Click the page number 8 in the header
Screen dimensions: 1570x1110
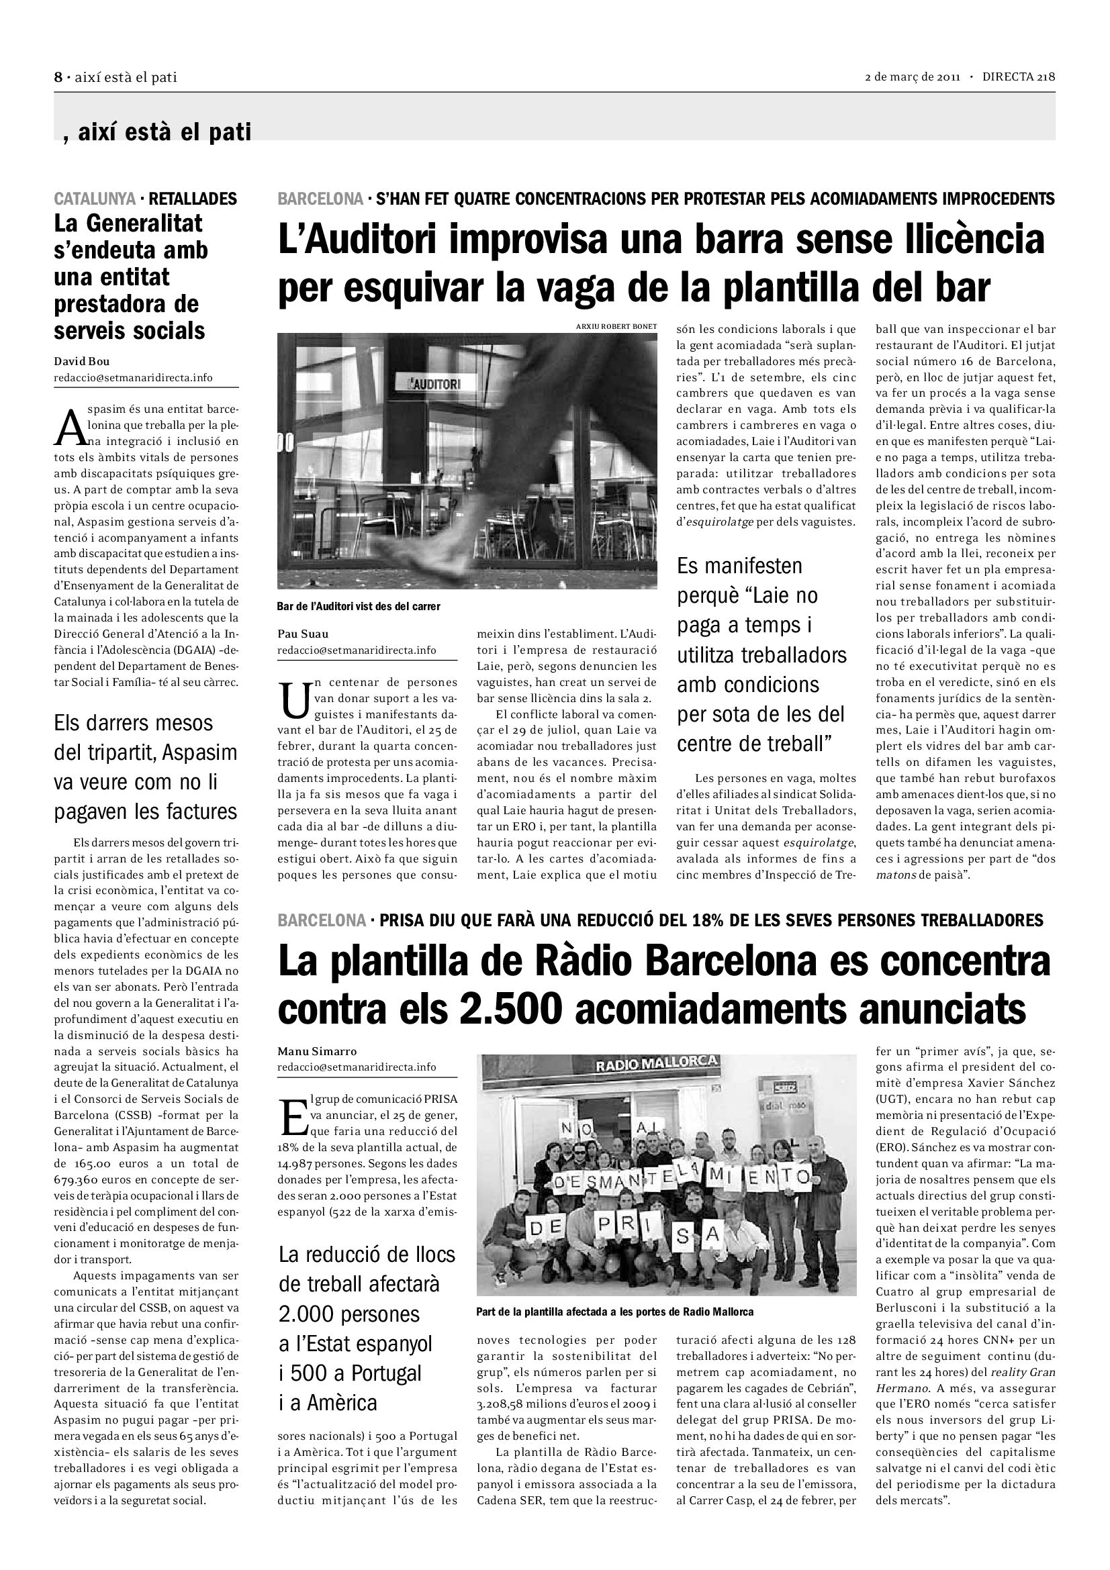58,77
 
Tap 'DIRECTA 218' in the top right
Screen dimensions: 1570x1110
1019,77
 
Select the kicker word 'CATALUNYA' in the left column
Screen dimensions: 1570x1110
95,199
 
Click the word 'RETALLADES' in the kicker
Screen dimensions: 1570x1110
193,199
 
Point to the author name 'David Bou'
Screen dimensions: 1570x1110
81,362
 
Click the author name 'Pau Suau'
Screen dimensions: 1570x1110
303,634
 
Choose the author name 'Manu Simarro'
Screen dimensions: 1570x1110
318,1051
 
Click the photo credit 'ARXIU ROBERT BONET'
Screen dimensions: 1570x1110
616,327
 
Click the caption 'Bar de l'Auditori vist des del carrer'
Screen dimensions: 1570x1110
359,607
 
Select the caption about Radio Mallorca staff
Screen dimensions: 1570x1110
615,1312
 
